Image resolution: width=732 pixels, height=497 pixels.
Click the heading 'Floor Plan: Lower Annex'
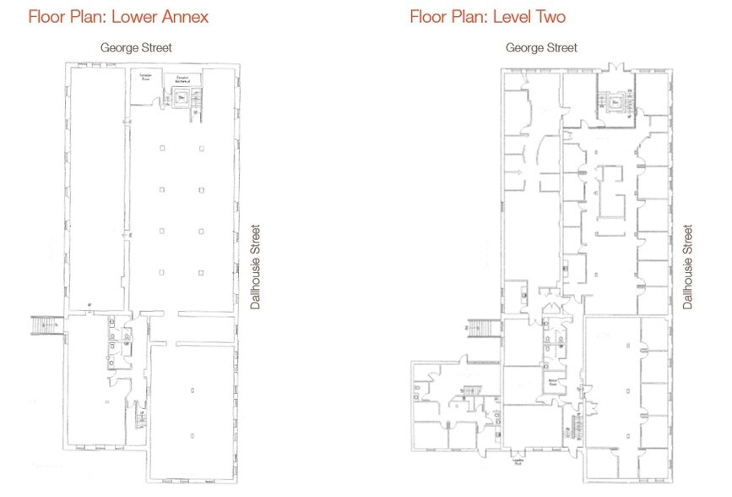coord(118,16)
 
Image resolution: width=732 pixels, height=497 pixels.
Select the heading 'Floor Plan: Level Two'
coord(487,16)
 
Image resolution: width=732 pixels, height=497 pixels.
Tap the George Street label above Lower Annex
coord(136,48)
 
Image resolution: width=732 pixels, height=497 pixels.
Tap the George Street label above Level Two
coord(541,48)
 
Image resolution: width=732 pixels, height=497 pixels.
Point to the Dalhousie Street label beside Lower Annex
coord(256,266)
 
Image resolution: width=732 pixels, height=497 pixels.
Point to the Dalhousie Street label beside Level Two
coord(688,266)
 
